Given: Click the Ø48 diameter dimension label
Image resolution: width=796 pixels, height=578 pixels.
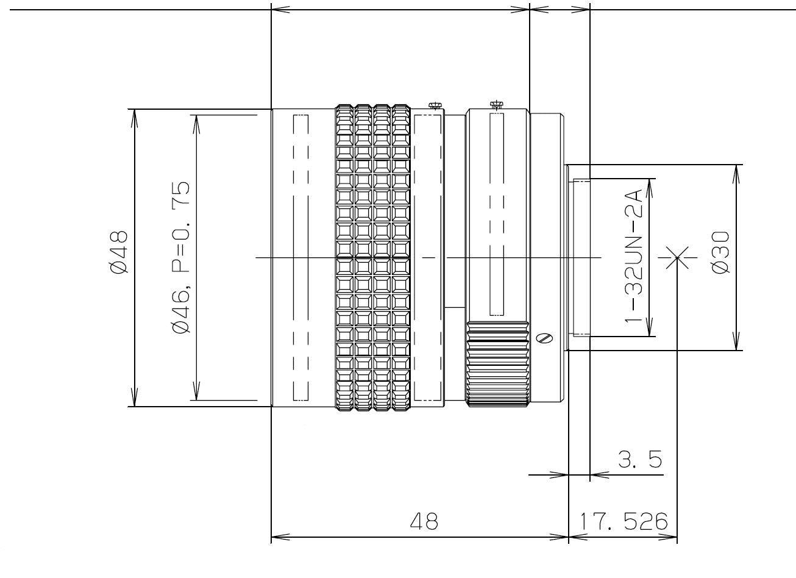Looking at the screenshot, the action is [x=119, y=252].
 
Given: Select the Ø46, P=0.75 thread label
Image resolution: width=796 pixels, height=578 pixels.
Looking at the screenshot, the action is [x=181, y=257].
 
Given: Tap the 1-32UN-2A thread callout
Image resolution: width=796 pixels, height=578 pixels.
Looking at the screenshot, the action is [x=634, y=256].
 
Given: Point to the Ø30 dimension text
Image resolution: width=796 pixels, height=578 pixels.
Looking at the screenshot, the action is [x=720, y=252].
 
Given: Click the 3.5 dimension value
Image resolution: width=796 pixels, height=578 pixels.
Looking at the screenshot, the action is [x=640, y=458].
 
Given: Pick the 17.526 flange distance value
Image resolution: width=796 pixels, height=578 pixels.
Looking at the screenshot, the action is [x=624, y=521].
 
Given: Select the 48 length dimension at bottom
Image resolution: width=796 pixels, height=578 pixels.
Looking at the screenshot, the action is [x=424, y=521].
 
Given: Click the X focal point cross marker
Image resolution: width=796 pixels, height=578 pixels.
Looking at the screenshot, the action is [x=677, y=257].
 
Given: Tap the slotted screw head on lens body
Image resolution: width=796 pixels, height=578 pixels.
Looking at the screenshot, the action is [x=546, y=337].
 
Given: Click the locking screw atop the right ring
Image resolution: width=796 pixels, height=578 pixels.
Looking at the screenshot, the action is [x=497, y=105].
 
